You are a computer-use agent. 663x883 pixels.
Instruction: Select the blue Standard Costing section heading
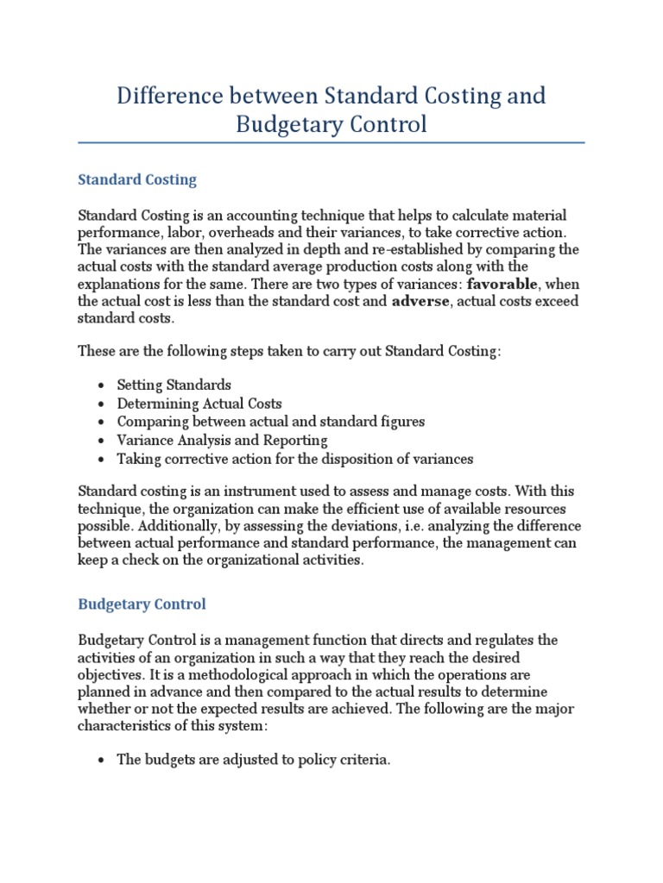[137, 180]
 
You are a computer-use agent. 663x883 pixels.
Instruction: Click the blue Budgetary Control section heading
[142, 604]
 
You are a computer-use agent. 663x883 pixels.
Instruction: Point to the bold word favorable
[503, 283]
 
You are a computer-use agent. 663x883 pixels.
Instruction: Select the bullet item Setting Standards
[174, 385]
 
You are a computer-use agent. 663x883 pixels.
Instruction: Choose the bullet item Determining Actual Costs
[199, 404]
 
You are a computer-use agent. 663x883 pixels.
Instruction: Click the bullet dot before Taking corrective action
[102, 460]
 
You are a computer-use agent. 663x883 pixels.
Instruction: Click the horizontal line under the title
[331, 143]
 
